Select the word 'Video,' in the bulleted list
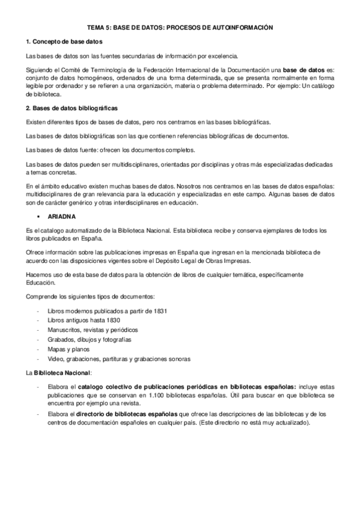tap(56, 359)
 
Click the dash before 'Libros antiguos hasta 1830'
tap(38, 321)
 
